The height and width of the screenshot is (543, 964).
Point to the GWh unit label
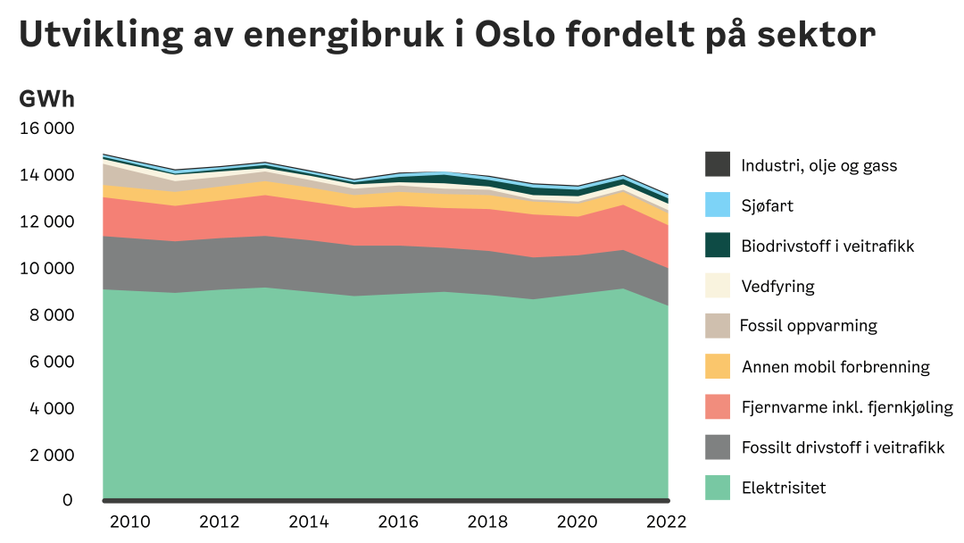click(x=46, y=99)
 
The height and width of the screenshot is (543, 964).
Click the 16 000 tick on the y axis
click(x=46, y=129)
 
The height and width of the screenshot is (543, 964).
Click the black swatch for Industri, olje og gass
click(x=718, y=165)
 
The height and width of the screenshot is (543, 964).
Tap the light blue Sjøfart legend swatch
click(x=718, y=205)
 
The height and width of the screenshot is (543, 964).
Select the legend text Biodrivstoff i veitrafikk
click(x=827, y=246)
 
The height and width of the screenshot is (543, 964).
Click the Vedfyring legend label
click(x=777, y=287)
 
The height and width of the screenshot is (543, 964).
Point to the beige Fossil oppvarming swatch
click(x=718, y=326)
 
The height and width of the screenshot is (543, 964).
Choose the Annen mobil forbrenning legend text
click(x=835, y=367)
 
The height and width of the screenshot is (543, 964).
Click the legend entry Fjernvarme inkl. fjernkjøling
click(x=847, y=407)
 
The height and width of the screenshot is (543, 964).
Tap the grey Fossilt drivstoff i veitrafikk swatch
click(x=718, y=447)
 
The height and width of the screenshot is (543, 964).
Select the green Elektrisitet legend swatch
click(x=718, y=488)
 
